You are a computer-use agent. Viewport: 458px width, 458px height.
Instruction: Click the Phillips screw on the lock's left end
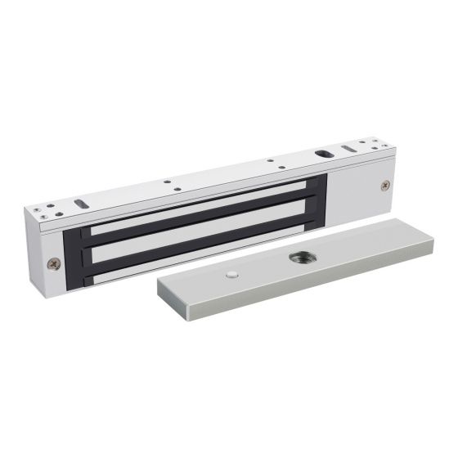click(x=53, y=263)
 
